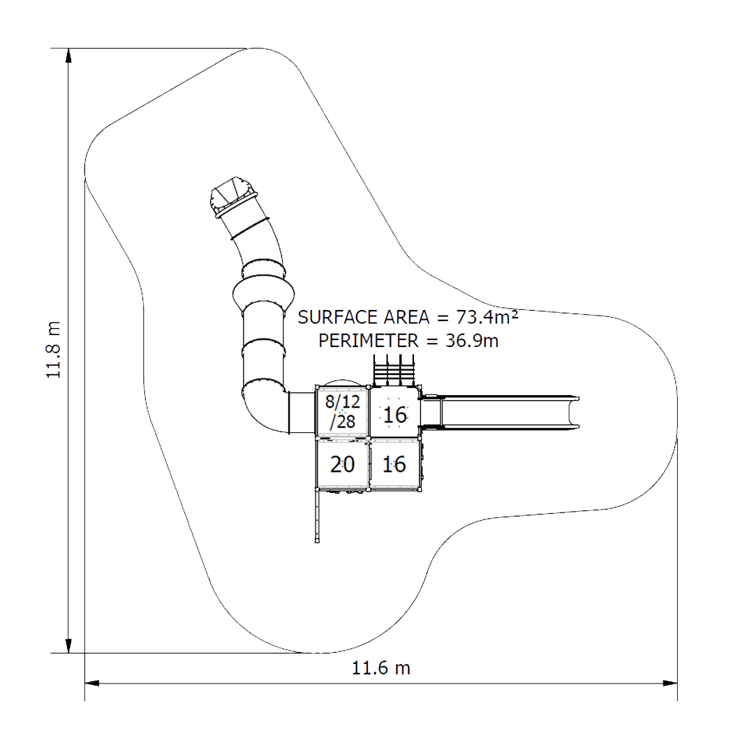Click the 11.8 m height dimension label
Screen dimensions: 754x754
(54, 350)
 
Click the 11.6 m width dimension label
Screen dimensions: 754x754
(381, 668)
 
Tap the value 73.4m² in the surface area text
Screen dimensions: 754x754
(487, 317)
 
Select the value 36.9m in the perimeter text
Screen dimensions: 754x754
(472, 341)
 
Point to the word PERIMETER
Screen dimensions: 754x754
(369, 341)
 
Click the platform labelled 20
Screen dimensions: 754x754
(342, 464)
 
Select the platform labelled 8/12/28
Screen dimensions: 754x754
(342, 412)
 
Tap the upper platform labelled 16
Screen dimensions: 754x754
(394, 413)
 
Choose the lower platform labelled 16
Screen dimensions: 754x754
(394, 464)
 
